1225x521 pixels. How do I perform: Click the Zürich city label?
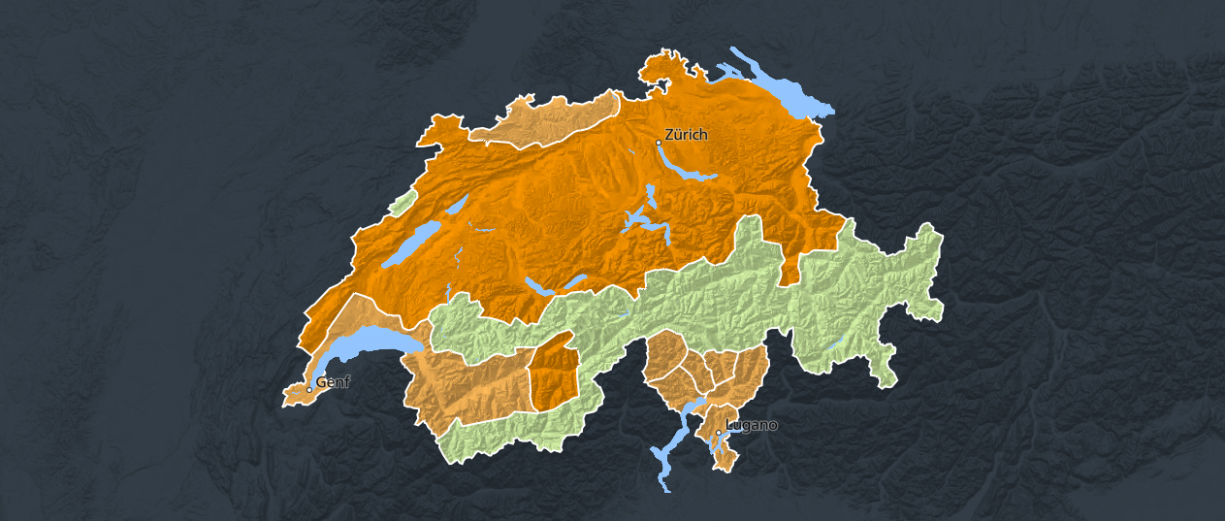pyautogui.click(x=687, y=135)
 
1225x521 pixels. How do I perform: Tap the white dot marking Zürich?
pyautogui.click(x=659, y=143)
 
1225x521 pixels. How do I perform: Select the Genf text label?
pyautogui.click(x=333, y=382)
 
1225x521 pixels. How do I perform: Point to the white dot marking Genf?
pyautogui.click(x=309, y=390)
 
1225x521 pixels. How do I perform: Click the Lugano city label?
pyautogui.click(x=752, y=425)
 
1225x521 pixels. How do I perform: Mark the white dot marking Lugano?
pyautogui.click(x=719, y=433)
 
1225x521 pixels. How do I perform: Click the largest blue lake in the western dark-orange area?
pyautogui.click(x=412, y=243)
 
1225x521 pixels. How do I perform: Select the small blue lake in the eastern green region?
pyautogui.click(x=836, y=342)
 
